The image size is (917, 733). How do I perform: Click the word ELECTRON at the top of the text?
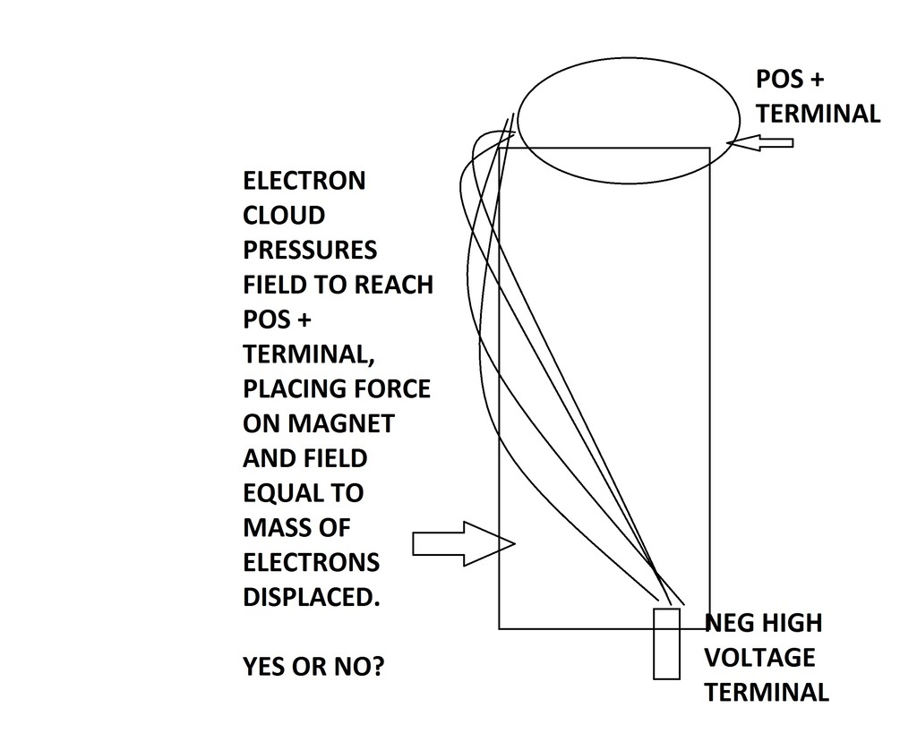304,181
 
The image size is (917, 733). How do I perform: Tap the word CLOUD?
284,216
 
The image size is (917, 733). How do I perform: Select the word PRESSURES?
310,251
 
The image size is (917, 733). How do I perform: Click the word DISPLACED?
312,597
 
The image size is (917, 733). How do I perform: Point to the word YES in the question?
264,667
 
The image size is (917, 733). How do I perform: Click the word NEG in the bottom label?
729,623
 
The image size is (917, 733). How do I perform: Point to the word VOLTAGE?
759,658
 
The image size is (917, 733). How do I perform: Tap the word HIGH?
793,623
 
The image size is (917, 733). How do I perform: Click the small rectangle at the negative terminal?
666,643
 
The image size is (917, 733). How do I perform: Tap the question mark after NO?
375,667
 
